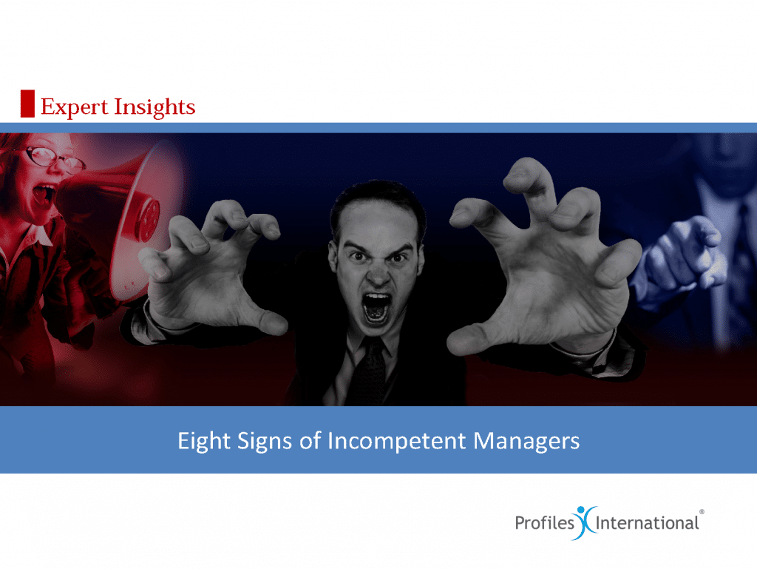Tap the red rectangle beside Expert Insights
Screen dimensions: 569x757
pyautogui.click(x=27, y=103)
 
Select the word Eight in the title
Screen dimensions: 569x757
pyautogui.click(x=204, y=441)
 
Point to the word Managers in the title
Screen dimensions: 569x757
pyautogui.click(x=526, y=441)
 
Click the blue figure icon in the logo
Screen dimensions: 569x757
pyautogui.click(x=585, y=522)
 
